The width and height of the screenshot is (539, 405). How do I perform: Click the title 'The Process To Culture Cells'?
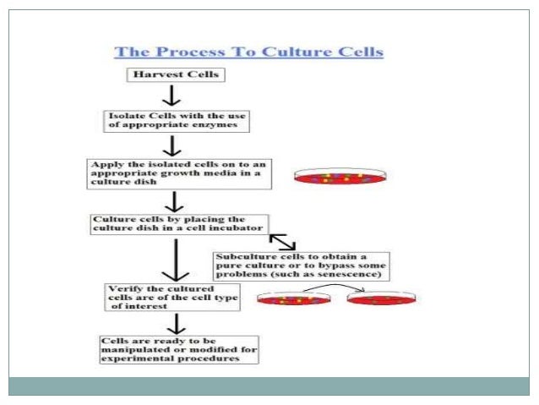point(249,52)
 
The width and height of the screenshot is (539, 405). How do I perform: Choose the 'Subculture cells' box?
point(301,265)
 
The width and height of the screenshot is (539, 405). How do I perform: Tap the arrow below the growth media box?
point(174,201)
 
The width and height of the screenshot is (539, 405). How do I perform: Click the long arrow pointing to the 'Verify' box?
point(174,261)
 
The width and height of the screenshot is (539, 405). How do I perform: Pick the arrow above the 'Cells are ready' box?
point(174,322)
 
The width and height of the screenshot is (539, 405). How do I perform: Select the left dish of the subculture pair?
point(292,298)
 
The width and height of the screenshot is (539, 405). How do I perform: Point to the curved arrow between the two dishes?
point(335,289)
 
